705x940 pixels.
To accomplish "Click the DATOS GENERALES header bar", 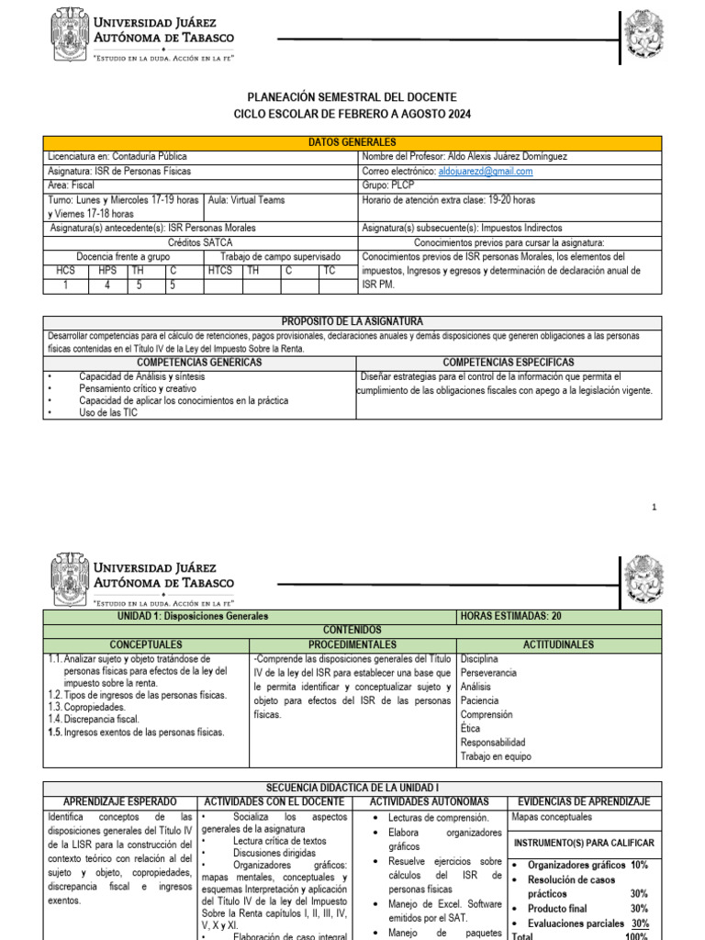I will click(352, 143).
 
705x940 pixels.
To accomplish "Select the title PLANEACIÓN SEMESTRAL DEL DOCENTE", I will click(352, 97).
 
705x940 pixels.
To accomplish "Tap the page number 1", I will click(655, 507).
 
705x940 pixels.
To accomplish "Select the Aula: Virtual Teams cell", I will click(247, 200).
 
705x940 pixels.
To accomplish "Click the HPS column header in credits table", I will click(107, 271).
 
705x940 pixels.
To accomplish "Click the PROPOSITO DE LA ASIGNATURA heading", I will click(352, 321).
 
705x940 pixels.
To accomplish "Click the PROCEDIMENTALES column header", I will click(352, 645).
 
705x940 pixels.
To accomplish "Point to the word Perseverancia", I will click(488, 673).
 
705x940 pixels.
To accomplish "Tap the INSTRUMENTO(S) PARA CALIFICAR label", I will click(584, 843).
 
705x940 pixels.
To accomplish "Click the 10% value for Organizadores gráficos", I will click(639, 866).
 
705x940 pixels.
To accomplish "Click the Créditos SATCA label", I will click(201, 242).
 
